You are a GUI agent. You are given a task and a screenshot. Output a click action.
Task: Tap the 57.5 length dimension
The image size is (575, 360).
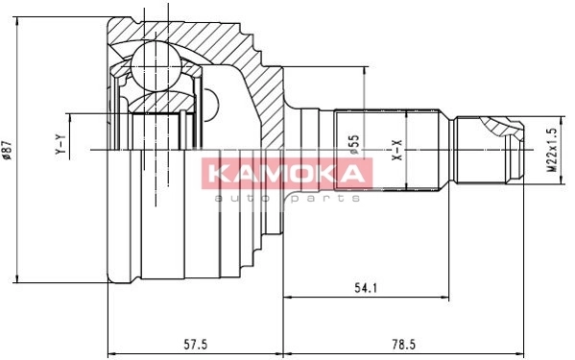click(x=195, y=345)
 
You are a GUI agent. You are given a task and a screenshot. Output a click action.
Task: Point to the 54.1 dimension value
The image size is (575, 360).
click(x=366, y=288)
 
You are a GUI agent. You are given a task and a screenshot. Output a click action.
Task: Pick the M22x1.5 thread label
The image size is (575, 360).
click(x=552, y=150)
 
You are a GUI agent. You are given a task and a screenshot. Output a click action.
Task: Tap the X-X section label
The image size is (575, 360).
click(x=397, y=150)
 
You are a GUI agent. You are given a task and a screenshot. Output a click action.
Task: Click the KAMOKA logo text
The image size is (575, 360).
click(x=287, y=174)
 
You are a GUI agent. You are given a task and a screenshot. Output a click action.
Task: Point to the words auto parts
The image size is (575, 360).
click(x=287, y=199)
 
